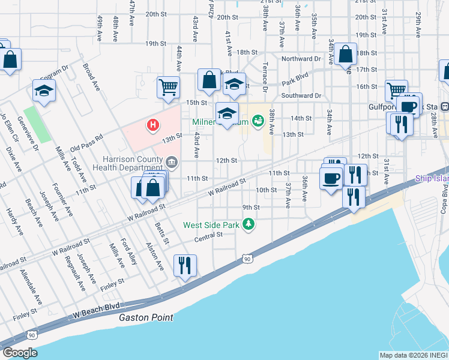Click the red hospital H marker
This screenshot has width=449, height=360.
click(x=154, y=125)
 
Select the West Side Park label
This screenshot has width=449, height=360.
click(x=211, y=225)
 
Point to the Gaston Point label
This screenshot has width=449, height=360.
click(x=146, y=317)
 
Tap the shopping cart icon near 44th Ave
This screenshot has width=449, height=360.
click(x=169, y=87)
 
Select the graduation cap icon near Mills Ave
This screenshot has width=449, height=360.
click(x=44, y=90)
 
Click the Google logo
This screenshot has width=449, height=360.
click(x=19, y=352)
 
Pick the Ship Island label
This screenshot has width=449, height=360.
click(x=432, y=178)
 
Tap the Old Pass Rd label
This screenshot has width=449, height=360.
click(x=86, y=146)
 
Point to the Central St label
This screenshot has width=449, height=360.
click(x=208, y=239)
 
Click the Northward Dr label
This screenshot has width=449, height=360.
click(x=301, y=59)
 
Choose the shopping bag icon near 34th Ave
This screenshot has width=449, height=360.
click(x=346, y=54)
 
